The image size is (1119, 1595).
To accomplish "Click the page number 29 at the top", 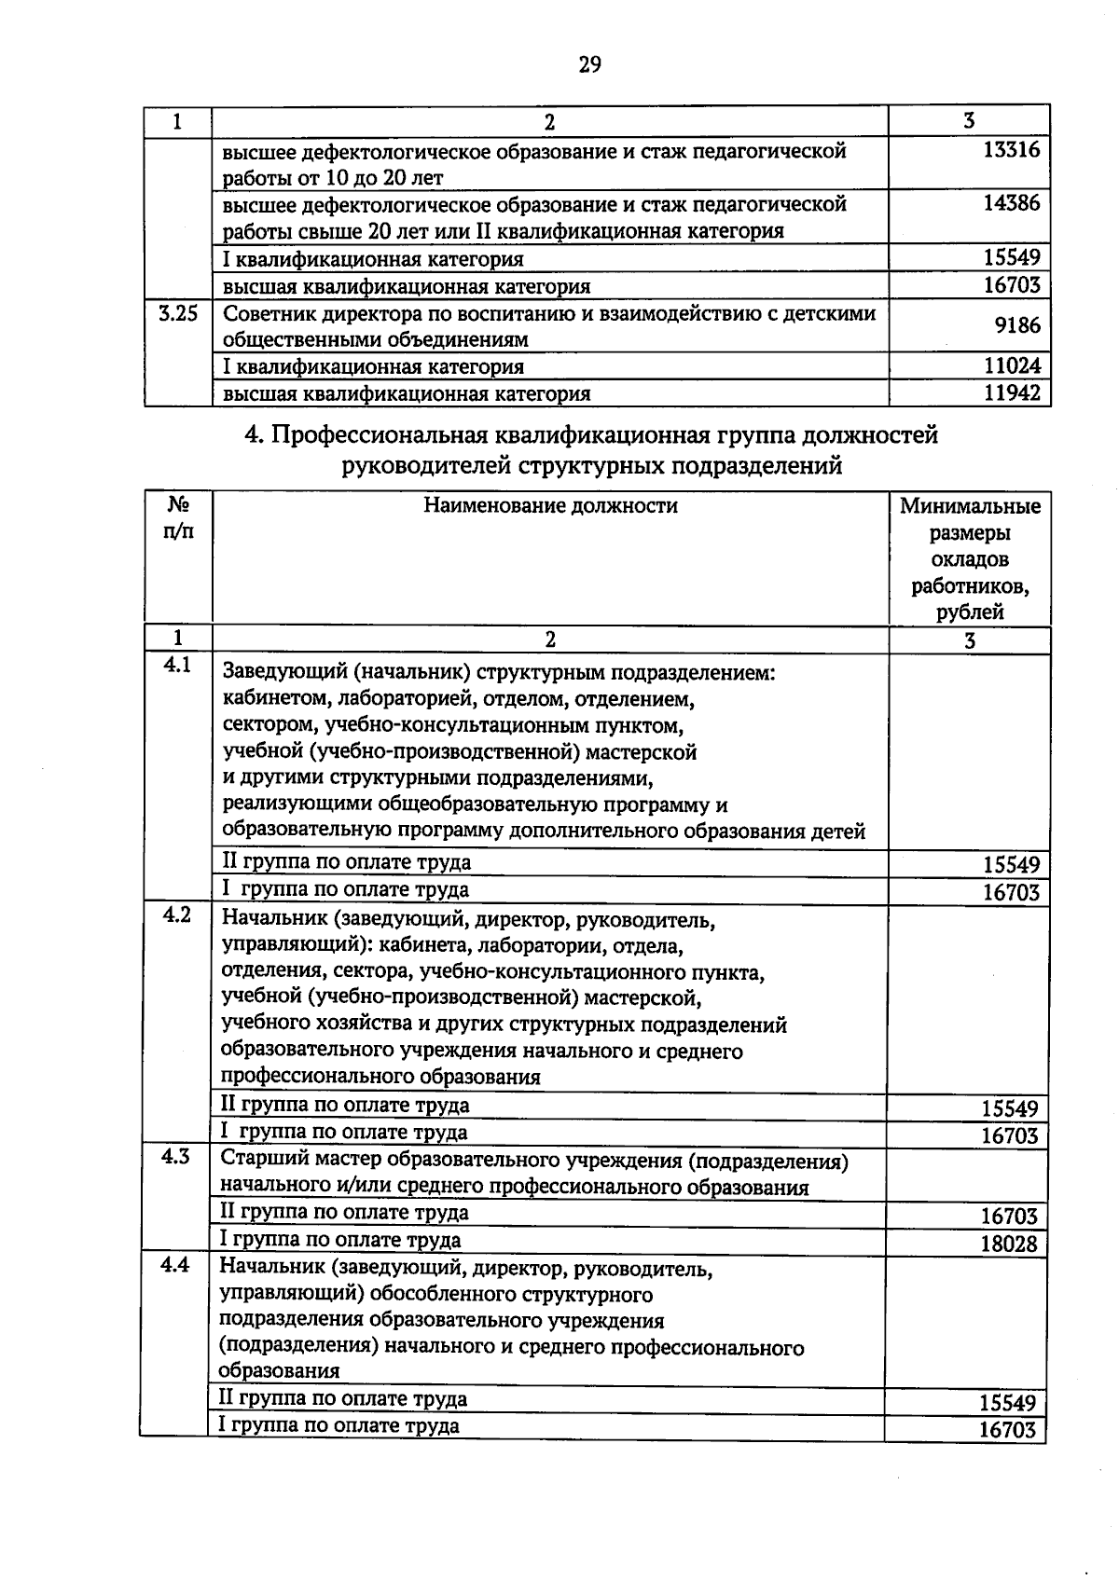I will [589, 64].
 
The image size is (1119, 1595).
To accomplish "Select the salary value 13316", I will [1012, 150].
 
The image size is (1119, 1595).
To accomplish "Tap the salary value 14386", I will [1012, 203].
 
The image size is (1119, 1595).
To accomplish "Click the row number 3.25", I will [178, 314].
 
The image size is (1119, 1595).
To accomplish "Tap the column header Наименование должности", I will [550, 506].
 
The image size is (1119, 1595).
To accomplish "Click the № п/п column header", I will [178, 518].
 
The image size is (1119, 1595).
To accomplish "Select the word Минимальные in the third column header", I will [970, 507].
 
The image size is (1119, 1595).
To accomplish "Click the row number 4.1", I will [177, 666].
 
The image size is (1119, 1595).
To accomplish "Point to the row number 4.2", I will [177, 914].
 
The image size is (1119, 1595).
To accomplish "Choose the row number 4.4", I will [175, 1265].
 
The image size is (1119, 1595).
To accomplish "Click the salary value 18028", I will [1008, 1244].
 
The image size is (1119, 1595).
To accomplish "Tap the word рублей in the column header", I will [970, 612].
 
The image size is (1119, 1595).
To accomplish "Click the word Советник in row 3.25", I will [266, 314].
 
